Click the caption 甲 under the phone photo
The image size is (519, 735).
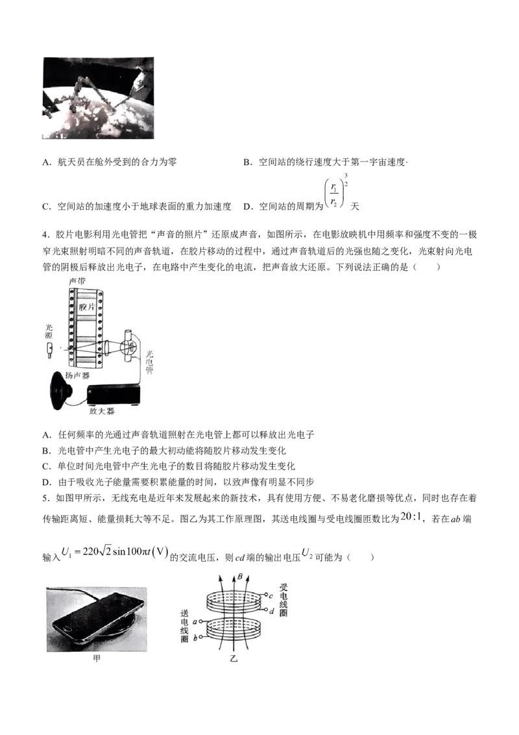(x=97, y=658)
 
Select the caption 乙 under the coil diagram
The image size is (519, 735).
(x=234, y=658)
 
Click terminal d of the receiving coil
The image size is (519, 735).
(x=271, y=611)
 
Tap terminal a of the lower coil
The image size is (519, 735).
(x=195, y=621)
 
